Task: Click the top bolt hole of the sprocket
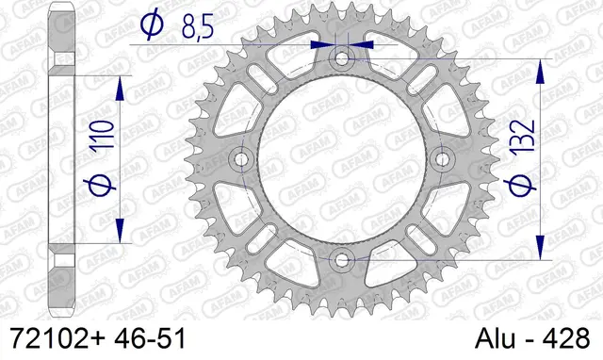[341, 59]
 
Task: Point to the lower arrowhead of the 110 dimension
[120, 231]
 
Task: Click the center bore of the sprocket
[341, 159]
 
